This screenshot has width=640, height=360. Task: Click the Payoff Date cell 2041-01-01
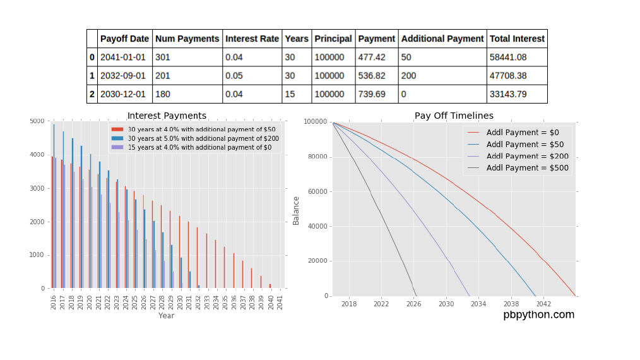pos(123,57)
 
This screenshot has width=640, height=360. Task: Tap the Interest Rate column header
pos(252,39)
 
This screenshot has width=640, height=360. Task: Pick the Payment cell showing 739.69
pos(372,95)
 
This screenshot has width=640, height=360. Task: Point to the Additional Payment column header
pos(442,39)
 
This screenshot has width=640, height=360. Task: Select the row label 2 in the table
pos(92,95)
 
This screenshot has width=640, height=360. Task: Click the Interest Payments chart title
pos(167,116)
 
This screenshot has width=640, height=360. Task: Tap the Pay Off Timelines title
pos(454,116)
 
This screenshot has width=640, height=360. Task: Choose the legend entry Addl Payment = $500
pos(527,168)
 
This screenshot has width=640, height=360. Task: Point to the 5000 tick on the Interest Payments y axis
pos(37,121)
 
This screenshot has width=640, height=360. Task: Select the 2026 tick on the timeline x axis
pos(413,304)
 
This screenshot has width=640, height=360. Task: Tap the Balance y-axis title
pos(296,209)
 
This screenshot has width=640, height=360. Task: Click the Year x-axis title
pos(167,315)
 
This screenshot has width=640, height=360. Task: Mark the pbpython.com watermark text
pos(538,315)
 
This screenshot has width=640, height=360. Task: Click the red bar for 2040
pos(270,286)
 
